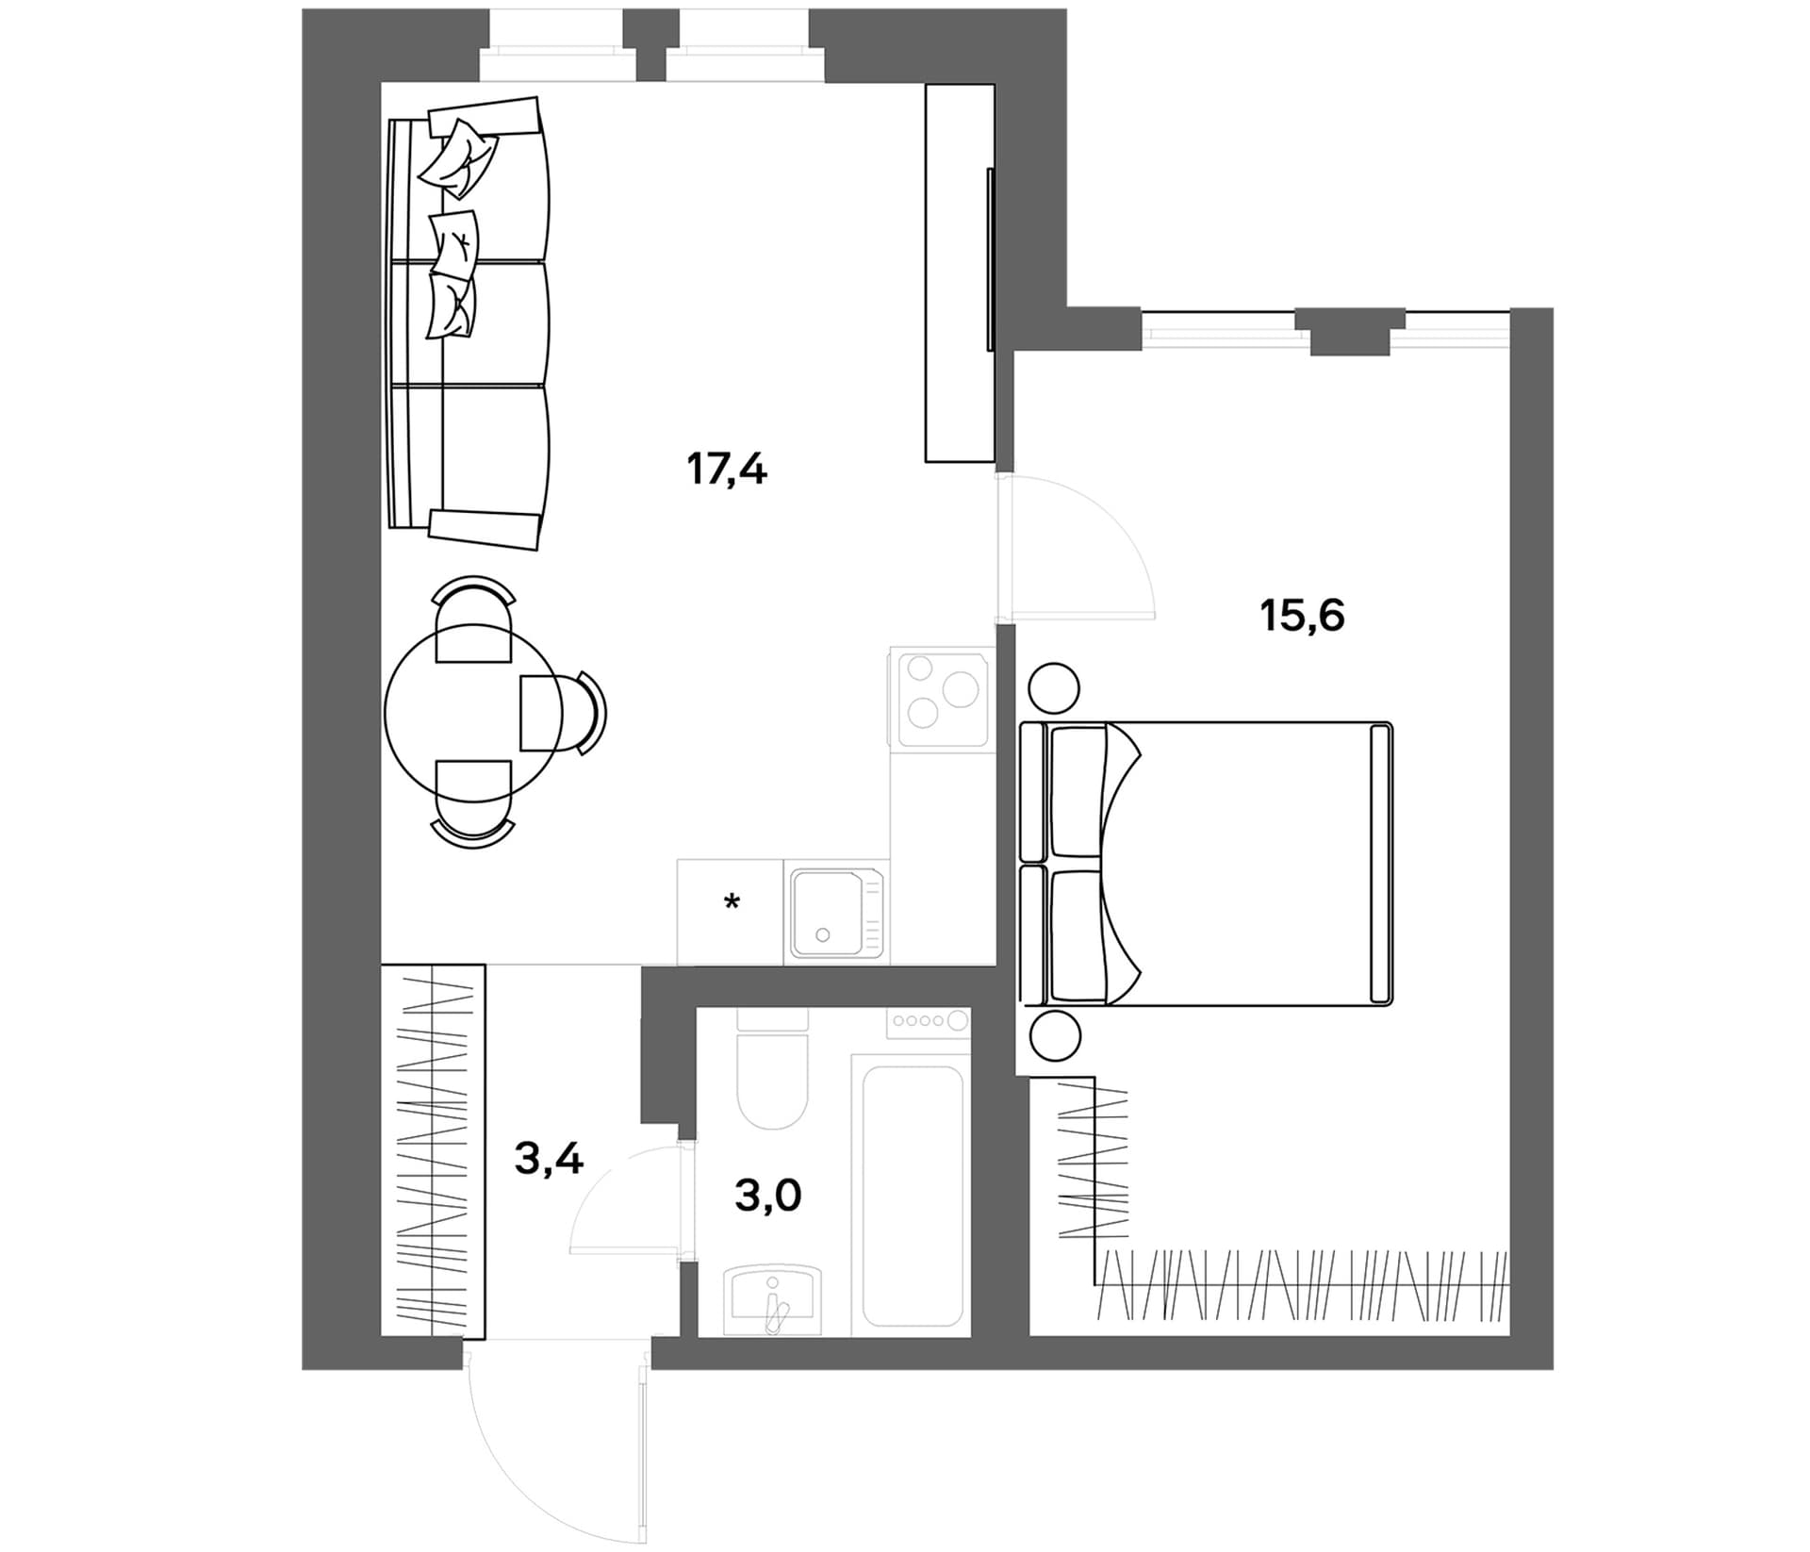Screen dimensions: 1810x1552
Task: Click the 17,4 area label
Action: pos(727,469)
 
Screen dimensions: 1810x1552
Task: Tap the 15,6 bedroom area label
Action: pos(1302,616)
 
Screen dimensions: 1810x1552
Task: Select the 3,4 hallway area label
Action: pos(549,1158)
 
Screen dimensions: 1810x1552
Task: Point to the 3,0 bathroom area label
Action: pos(767,1196)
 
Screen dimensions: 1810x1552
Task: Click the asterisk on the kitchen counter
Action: pos(732,902)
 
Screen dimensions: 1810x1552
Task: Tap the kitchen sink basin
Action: pos(829,913)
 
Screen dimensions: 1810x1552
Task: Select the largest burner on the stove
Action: pos(961,689)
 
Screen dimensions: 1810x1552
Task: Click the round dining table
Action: pos(473,713)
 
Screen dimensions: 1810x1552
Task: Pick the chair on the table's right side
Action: pos(563,713)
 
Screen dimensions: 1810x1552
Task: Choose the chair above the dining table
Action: pos(473,619)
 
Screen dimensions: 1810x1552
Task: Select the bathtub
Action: pos(912,1195)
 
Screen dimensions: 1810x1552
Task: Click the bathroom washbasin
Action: pos(772,1302)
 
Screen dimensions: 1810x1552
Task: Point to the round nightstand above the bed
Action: pos(1053,687)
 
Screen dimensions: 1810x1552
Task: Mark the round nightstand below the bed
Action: pos(1055,1037)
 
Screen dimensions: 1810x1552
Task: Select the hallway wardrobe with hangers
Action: pos(433,1150)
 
